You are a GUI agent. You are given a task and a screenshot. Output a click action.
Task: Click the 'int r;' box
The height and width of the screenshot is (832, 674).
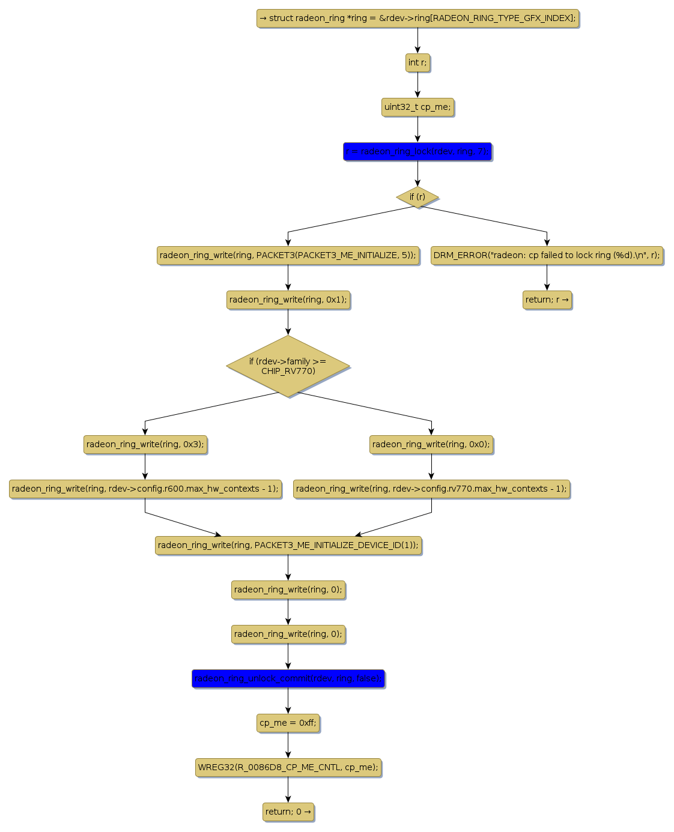(x=417, y=62)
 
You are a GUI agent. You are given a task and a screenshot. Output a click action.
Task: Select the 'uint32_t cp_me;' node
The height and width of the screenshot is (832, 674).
(x=417, y=107)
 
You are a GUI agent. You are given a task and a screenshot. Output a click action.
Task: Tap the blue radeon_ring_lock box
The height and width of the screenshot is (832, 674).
(x=417, y=152)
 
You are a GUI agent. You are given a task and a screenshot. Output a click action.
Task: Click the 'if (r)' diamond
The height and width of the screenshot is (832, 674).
(x=417, y=197)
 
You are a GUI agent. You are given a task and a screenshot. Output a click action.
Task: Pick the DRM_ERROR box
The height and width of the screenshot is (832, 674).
(x=547, y=255)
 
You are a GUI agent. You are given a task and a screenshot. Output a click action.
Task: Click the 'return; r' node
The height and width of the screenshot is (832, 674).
(x=547, y=300)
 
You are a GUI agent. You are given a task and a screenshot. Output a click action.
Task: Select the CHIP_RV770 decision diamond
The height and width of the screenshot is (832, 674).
(x=288, y=366)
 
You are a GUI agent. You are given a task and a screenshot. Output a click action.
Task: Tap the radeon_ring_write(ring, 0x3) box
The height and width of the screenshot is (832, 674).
(x=145, y=445)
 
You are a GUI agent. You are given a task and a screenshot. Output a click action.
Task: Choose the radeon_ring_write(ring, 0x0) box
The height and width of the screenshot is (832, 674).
(x=431, y=445)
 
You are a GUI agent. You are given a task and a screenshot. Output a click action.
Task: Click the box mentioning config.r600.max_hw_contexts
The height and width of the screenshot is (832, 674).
(x=145, y=489)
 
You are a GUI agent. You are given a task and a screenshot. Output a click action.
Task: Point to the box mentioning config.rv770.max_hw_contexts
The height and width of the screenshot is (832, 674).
(x=431, y=489)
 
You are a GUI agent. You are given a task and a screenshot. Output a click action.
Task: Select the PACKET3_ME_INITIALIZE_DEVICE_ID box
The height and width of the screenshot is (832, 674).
(x=288, y=546)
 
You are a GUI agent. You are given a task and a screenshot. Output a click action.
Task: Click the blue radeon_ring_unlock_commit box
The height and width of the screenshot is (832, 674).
(x=288, y=679)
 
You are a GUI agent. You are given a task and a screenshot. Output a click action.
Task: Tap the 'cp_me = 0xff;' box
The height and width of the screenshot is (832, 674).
(x=288, y=723)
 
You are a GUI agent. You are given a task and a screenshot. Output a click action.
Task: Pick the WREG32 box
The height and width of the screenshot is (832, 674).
(x=288, y=768)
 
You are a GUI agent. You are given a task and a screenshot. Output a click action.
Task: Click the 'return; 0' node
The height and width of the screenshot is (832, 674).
(x=288, y=812)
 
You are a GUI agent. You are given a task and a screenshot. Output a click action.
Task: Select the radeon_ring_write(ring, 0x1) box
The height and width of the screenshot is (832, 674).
(x=288, y=300)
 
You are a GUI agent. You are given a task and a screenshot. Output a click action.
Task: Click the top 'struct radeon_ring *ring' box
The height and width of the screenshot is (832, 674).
(x=417, y=18)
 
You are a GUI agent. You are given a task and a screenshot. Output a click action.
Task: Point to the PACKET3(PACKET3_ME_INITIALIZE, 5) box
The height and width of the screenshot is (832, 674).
(x=288, y=255)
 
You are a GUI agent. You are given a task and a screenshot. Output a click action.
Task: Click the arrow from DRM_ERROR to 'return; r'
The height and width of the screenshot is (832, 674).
(x=547, y=277)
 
